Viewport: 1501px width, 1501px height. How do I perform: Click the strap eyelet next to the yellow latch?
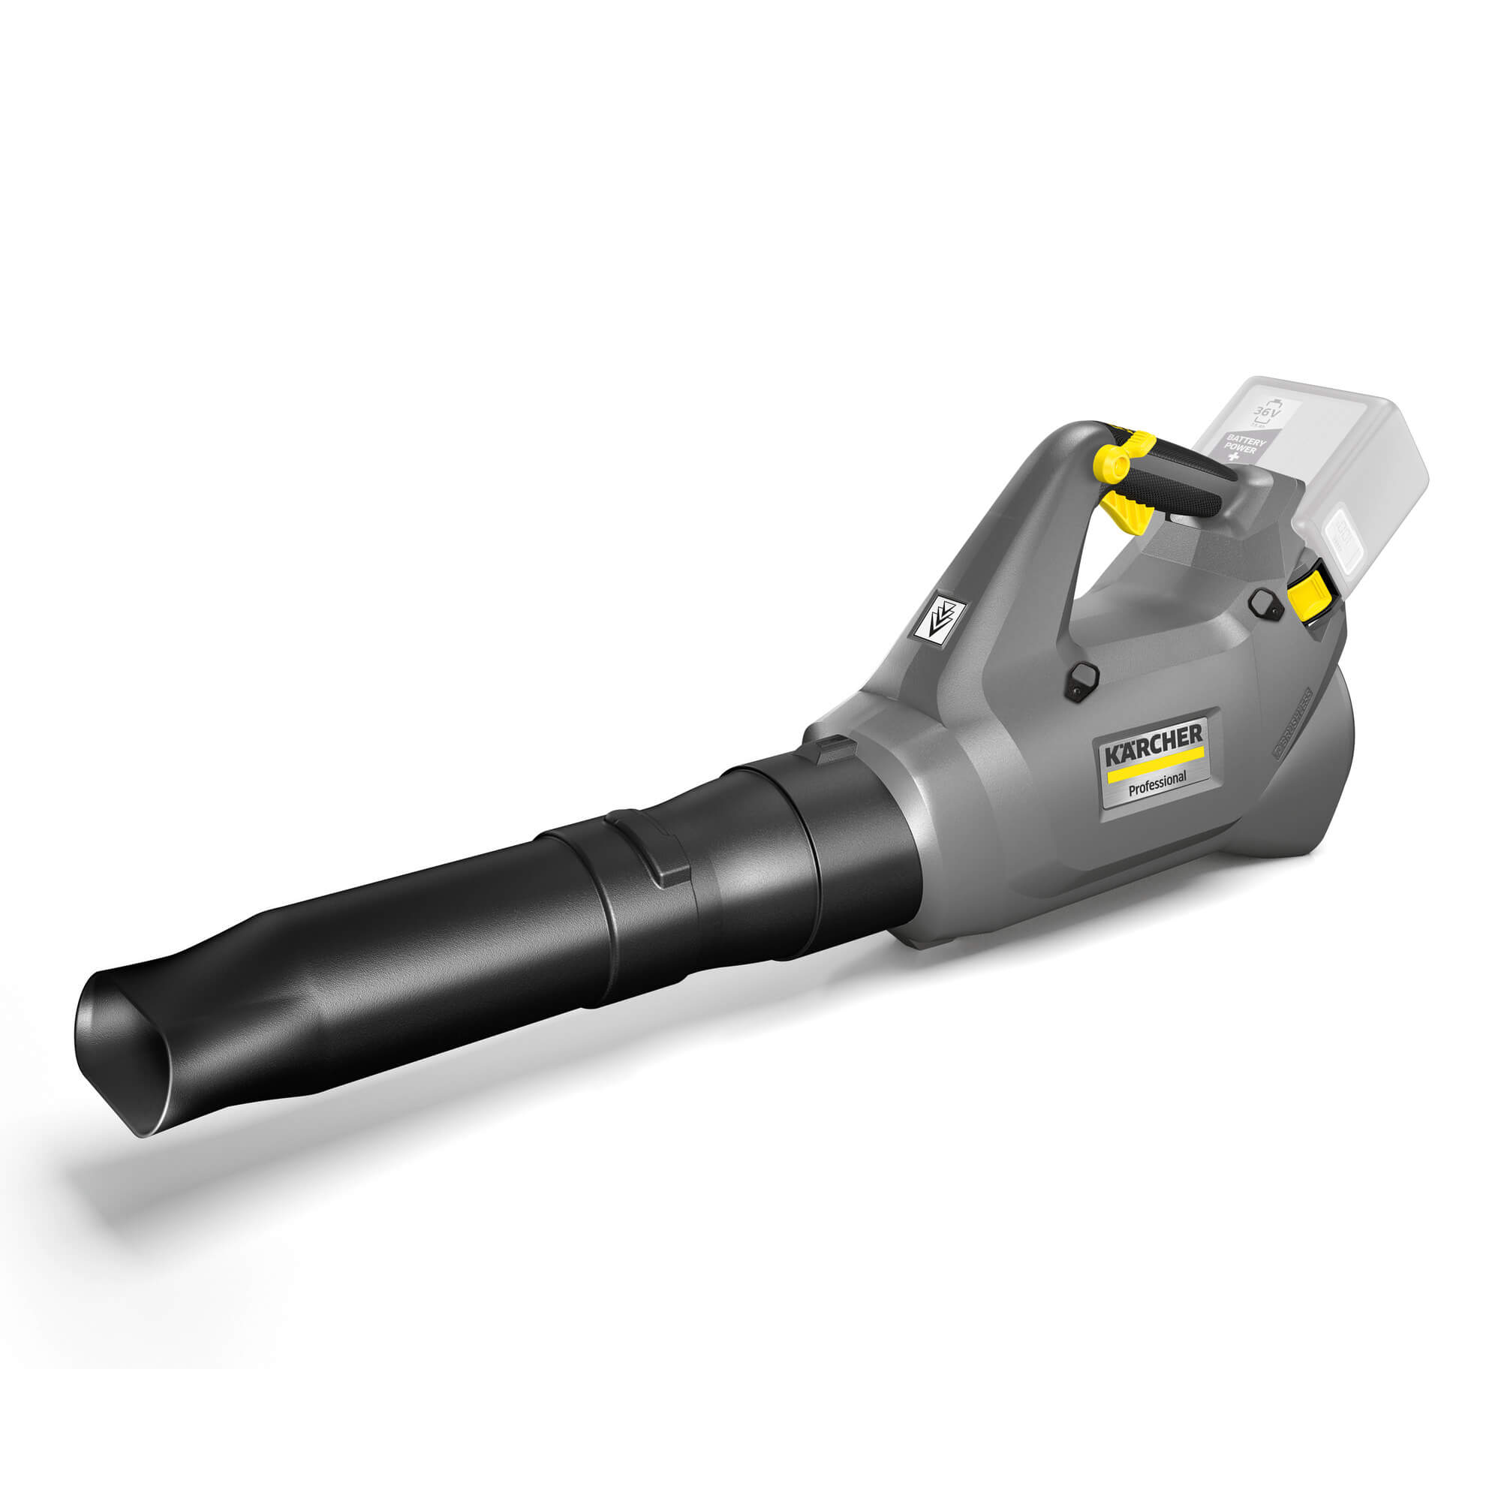(1265, 602)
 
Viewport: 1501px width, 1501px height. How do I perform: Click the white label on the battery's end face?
(1350, 537)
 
